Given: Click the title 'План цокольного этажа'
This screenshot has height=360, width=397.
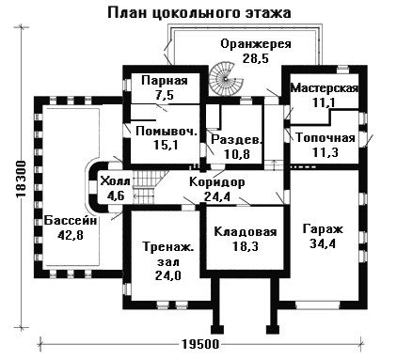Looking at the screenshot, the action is (x=199, y=13).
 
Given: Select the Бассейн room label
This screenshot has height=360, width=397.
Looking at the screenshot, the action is (x=71, y=221).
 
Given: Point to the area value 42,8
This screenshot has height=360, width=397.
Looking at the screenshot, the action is (x=71, y=235).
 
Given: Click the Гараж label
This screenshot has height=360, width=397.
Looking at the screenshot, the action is (x=323, y=229).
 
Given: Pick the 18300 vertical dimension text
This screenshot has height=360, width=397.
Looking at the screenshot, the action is (x=21, y=180).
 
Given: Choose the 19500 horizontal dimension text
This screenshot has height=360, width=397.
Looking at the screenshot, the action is (x=200, y=344).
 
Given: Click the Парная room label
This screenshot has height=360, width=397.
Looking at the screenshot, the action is (x=165, y=80).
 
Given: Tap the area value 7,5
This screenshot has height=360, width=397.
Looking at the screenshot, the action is (x=165, y=95).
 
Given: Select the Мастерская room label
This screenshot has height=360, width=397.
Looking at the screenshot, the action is (x=325, y=87).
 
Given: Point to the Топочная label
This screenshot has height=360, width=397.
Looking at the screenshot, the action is (x=326, y=138).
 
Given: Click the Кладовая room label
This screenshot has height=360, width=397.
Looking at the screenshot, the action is (x=246, y=232).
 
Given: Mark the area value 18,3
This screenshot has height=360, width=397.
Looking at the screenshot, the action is (x=246, y=246).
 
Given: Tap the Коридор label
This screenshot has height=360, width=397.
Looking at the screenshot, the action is (x=217, y=182).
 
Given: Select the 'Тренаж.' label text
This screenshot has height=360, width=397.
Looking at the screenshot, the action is (x=168, y=247).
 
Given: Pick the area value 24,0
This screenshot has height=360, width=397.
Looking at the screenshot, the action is (x=168, y=275).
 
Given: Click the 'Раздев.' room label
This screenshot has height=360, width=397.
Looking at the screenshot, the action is (x=236, y=139).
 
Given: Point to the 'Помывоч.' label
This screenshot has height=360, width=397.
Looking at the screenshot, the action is (x=167, y=131).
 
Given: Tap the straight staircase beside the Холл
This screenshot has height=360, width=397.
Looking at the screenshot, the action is (x=145, y=187).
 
